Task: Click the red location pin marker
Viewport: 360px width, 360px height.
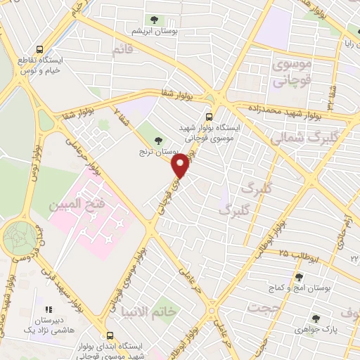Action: click(x=181, y=165)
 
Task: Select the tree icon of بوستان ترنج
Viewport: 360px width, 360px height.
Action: click(x=157, y=141)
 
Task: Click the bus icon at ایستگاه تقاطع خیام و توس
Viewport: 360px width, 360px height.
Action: click(x=39, y=50)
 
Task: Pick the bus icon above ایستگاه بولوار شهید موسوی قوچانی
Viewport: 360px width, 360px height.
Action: click(x=209, y=117)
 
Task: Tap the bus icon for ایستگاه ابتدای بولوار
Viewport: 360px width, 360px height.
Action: click(x=109, y=335)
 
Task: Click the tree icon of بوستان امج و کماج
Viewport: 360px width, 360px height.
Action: click(x=299, y=277)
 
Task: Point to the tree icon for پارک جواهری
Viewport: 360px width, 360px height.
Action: click(x=316, y=318)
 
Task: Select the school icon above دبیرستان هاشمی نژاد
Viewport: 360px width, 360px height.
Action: click(x=49, y=309)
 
